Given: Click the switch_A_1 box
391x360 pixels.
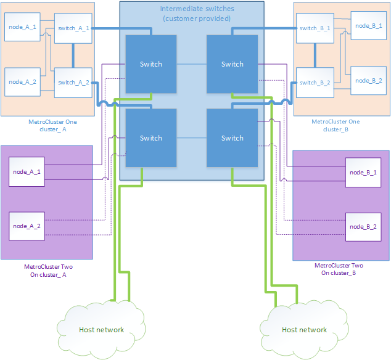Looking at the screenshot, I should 73,28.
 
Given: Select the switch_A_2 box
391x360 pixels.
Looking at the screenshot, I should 73,82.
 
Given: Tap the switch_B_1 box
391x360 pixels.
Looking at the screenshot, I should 315,28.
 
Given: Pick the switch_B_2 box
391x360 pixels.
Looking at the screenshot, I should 315,82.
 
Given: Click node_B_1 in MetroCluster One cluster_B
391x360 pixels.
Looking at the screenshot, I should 366,28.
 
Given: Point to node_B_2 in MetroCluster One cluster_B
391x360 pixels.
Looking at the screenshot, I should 366,80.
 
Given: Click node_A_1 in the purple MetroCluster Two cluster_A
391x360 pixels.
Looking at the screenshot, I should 26,172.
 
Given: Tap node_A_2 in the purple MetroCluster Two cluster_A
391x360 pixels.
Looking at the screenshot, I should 26,226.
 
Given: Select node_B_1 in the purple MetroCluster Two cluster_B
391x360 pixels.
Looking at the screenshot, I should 362,172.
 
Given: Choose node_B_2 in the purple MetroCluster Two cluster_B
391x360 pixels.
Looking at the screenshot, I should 362,226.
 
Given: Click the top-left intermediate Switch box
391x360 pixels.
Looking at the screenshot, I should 151,64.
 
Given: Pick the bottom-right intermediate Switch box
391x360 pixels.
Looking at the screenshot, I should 232,138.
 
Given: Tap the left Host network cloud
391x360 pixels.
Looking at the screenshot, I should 102,329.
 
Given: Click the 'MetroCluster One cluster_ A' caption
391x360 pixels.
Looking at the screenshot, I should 47,125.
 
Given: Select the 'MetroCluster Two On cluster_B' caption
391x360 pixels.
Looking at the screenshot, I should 338,269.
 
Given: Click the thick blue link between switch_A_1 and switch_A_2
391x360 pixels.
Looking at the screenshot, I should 73,55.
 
